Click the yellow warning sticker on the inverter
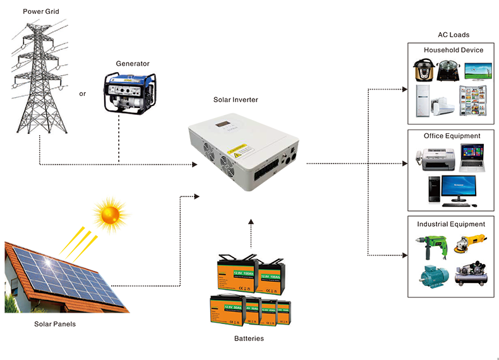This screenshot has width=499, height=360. pyautogui.click(x=241, y=153)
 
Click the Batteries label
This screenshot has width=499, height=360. pyautogui.click(x=248, y=339)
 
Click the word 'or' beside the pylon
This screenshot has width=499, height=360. pyautogui.click(x=82, y=94)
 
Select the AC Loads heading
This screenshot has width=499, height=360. pyautogui.click(x=453, y=35)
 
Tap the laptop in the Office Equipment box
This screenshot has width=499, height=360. pyautogui.click(x=471, y=157)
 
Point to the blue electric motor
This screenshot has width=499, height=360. pyautogui.click(x=431, y=276)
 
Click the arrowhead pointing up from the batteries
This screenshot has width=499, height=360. pyautogui.click(x=251, y=222)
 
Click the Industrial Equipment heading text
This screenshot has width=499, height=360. pyautogui.click(x=451, y=224)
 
